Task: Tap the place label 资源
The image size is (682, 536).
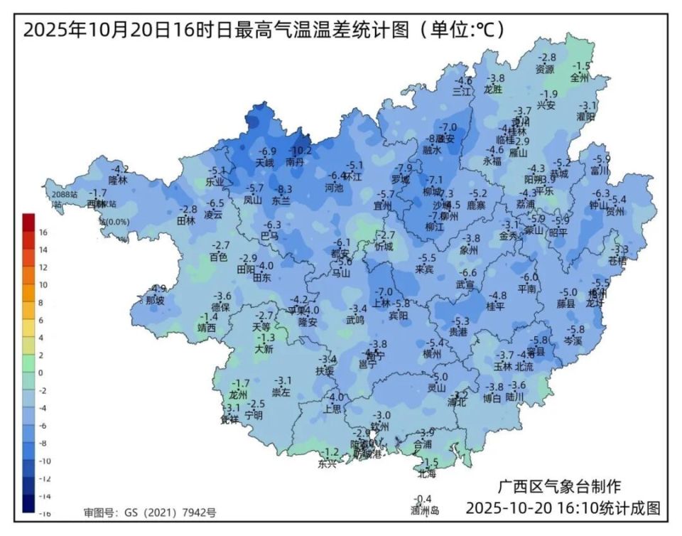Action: (x=545, y=69)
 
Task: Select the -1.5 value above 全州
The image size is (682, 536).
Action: (x=582, y=66)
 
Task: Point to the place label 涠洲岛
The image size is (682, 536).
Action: (x=425, y=510)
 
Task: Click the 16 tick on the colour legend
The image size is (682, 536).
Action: (x=43, y=232)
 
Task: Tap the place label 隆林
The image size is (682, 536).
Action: (x=118, y=181)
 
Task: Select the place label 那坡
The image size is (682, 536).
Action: (x=155, y=300)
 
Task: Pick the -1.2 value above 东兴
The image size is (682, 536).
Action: (x=331, y=452)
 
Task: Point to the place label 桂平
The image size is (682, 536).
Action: (x=495, y=306)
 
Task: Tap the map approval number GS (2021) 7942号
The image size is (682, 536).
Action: (x=150, y=512)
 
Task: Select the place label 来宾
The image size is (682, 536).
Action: (x=425, y=269)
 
